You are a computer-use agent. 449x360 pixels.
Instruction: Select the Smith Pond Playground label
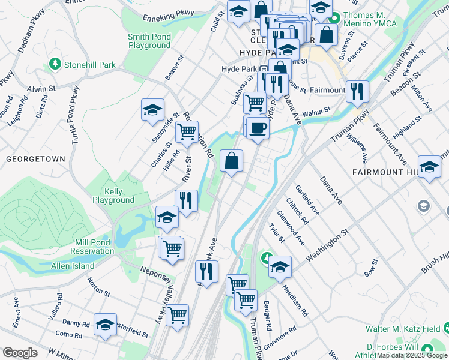point(149,41)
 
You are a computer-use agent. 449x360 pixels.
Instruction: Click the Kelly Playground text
point(113,196)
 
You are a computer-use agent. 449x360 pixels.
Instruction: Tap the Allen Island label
point(73,266)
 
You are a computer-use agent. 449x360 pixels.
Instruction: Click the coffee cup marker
point(258,128)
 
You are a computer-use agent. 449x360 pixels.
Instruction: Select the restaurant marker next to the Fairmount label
point(357,91)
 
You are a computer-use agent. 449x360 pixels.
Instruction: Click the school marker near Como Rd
point(105,325)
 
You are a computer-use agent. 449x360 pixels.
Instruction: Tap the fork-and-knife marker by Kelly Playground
point(187,200)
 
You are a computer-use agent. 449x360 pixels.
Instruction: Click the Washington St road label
point(327,245)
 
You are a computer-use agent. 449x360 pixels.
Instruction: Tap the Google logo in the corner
point(20,353)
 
